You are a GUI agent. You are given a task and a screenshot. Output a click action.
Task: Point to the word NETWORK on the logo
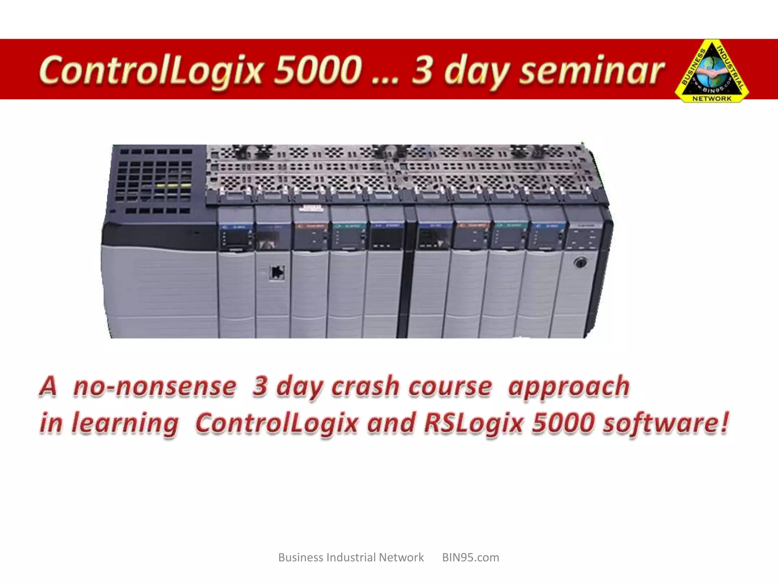coord(712,98)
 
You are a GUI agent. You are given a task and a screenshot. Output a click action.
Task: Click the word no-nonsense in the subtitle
coord(155,387)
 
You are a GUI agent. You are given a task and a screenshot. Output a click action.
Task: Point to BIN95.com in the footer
coord(470,557)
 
